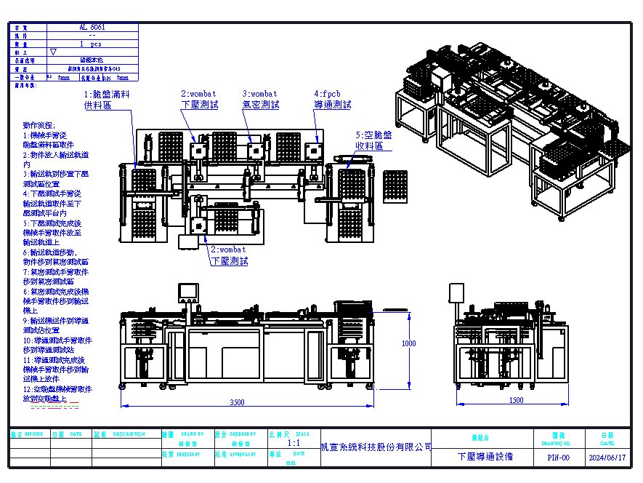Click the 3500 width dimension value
point(236,402)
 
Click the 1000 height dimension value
point(409,343)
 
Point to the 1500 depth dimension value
point(517,401)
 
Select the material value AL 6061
point(92,26)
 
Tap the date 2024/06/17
point(606,458)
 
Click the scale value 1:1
point(294,442)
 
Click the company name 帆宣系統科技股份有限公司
point(376,447)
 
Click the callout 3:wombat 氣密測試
point(260,100)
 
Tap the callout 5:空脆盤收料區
point(373,140)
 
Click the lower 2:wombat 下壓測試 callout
point(230,255)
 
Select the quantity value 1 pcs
point(92,44)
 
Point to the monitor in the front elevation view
point(188,291)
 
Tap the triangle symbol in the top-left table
point(52,52)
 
